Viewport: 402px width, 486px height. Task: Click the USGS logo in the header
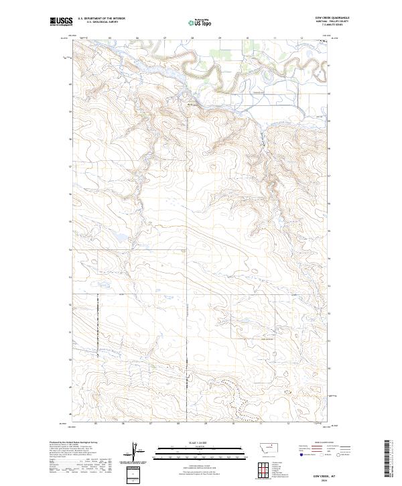pos(62,22)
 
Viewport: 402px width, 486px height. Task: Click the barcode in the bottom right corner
pos(390,457)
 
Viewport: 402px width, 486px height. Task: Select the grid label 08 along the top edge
pos(192,38)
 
